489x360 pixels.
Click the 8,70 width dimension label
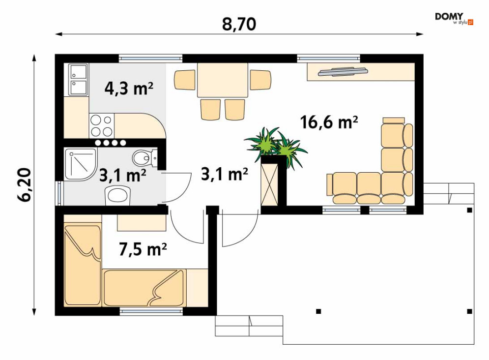239,24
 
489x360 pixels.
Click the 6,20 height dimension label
24,185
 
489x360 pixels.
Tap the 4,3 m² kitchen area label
129,89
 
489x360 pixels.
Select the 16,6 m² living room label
329,122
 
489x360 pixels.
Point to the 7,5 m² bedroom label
143,249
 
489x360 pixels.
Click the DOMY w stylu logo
454,18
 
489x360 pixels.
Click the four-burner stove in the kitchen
102,125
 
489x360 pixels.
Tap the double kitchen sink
78,80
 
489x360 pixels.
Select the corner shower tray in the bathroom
81,164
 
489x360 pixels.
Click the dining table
222,80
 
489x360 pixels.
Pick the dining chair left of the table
185,80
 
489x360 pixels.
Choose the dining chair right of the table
260,80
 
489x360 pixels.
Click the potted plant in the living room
276,146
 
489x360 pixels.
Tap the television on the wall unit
342,71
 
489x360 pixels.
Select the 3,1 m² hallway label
225,174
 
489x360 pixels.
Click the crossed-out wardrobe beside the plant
269,184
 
